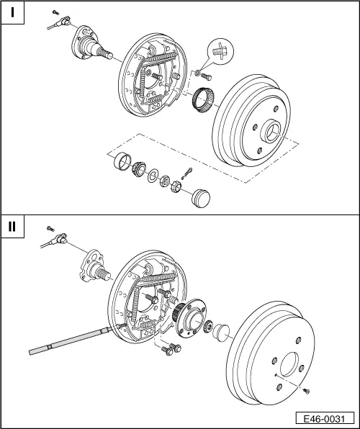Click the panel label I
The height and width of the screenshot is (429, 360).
12,12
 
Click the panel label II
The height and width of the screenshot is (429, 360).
12,226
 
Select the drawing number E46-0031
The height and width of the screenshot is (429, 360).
325,419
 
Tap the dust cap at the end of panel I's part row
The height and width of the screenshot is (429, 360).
201,198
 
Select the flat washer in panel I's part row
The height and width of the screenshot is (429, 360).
152,176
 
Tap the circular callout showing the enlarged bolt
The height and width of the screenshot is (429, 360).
221,51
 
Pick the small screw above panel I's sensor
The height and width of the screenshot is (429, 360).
55,12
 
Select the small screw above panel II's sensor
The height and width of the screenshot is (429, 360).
50,228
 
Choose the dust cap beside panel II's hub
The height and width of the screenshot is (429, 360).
221,333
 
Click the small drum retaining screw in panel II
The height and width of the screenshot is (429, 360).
306,392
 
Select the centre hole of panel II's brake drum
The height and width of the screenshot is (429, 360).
289,364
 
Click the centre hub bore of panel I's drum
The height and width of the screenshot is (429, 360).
271,132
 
